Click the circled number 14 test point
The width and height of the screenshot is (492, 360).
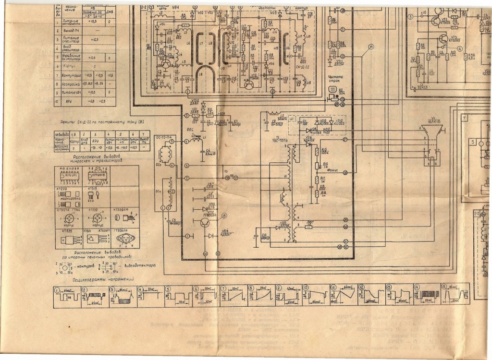pyautogui.click(x=371, y=47)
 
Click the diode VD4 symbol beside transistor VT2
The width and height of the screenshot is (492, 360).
pyautogui.click(x=212, y=236)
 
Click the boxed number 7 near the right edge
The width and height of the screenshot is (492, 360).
pyautogui.click(x=465, y=117)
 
